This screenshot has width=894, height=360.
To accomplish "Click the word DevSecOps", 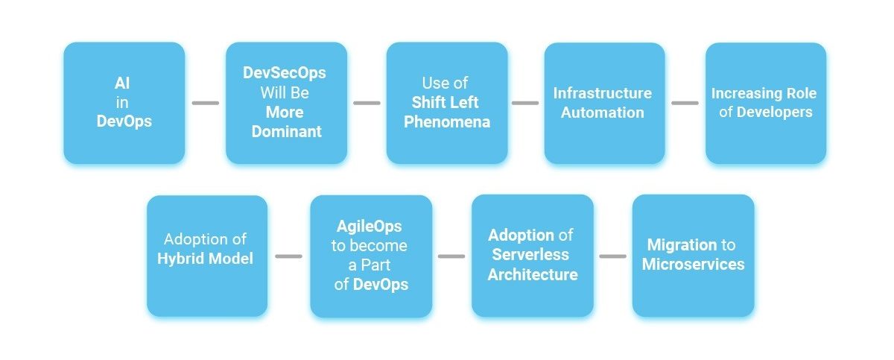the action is click(x=284, y=73).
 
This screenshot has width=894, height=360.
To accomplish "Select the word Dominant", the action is click(x=287, y=131).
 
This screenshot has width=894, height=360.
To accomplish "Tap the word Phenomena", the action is click(x=447, y=121).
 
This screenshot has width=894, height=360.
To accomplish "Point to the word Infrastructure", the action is click(x=603, y=93).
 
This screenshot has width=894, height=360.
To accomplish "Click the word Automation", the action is click(x=603, y=113).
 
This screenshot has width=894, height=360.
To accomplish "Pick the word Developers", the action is click(x=774, y=112).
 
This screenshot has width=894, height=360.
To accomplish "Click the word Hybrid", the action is click(x=181, y=259).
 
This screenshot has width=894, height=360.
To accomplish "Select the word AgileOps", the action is click(x=370, y=227).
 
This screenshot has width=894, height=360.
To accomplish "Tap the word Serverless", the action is click(x=530, y=254).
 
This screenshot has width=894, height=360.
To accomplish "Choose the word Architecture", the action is click(x=533, y=274).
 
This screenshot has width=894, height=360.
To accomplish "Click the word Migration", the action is click(x=682, y=244).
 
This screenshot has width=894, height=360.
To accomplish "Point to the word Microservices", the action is click(x=694, y=264).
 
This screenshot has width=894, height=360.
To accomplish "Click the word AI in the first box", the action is click(x=122, y=83).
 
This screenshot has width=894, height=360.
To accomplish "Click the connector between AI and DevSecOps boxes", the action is click(x=206, y=103).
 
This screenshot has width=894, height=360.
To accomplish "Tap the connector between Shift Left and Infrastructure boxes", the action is click(x=525, y=103).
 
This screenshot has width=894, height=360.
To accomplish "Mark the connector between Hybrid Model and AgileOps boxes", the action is click(x=288, y=256).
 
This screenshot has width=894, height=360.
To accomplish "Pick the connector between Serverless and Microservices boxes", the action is click(x=612, y=256).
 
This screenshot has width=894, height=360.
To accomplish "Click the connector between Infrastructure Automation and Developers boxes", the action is click(x=685, y=103).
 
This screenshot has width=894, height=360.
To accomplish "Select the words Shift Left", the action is click(x=445, y=103).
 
